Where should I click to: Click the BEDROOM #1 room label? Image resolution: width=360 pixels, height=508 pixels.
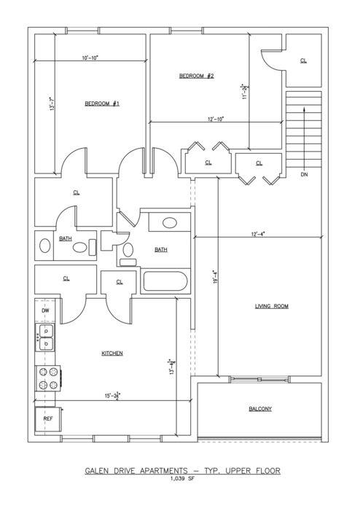click(x=102, y=103)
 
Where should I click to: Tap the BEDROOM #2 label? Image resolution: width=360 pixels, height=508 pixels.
click(x=197, y=76)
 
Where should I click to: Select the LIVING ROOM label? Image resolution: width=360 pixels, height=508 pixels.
click(x=272, y=306)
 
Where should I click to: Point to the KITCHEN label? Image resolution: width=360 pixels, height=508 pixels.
click(x=112, y=353)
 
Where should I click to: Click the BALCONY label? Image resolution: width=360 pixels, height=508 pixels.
click(x=260, y=409)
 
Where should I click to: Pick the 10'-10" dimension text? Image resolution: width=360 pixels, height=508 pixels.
click(x=90, y=58)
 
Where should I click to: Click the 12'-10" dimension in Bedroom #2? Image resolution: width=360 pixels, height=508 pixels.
click(x=216, y=119)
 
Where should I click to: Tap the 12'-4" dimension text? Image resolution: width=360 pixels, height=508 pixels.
click(x=258, y=234)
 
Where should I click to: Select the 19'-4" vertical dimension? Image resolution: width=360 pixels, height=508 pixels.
click(x=215, y=277)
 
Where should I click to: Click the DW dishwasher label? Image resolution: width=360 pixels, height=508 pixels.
click(x=46, y=310)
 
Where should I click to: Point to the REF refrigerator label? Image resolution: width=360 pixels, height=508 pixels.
click(x=48, y=418)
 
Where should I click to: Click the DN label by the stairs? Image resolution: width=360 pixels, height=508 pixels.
click(x=304, y=175)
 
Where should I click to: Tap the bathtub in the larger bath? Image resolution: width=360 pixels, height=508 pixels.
click(x=165, y=281)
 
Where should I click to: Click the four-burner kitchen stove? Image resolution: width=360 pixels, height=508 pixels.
click(x=47, y=378)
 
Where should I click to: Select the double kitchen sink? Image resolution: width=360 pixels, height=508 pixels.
click(x=46, y=337)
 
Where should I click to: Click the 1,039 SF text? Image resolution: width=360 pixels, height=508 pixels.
click(x=183, y=479)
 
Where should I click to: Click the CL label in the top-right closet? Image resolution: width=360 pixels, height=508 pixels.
click(x=303, y=60)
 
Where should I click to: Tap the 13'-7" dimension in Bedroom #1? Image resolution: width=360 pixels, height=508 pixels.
click(x=51, y=104)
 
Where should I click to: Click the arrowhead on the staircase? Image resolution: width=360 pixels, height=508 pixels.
click(x=304, y=109)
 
